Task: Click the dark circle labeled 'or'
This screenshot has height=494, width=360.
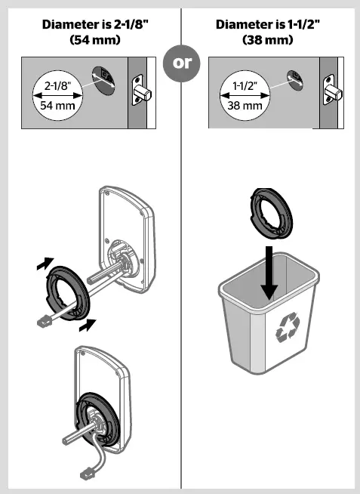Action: pos(182,63)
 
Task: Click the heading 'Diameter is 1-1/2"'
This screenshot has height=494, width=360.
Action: pos(268,24)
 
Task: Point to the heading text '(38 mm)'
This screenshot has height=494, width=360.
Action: pos(268,39)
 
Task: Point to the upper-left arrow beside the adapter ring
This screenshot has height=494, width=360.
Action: pos(46,264)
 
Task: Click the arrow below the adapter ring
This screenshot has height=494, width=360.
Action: pos(88,325)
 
